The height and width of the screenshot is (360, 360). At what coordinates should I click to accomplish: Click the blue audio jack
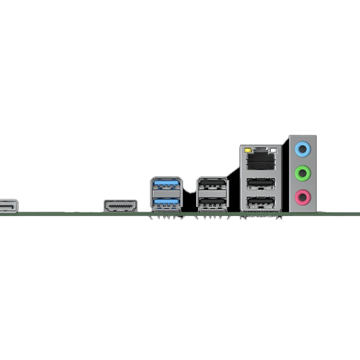pos(304,146)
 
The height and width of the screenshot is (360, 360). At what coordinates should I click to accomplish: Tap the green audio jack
pos(304,173)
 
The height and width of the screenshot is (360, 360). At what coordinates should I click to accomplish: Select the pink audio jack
pos(304,196)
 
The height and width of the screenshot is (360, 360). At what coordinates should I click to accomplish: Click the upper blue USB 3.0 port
pos(166,185)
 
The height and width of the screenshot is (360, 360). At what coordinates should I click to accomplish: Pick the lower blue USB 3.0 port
pos(166,203)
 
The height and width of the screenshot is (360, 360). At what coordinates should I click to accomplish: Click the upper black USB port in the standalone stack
pos(212,185)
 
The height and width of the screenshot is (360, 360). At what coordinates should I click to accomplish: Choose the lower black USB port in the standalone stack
pos(212,203)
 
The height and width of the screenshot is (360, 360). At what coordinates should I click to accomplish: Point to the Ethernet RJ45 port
pos(260,158)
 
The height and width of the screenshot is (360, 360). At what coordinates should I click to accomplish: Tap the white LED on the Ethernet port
pos(275,148)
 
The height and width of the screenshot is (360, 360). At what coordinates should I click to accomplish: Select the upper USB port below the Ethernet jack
pos(260,184)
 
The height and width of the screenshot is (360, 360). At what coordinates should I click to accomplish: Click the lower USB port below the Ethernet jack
pos(260,203)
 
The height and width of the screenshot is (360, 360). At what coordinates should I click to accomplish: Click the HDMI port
pos(120,206)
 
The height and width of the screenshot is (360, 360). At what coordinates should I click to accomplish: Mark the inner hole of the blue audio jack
pos(304,146)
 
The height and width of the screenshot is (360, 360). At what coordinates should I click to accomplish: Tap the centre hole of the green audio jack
pos(304,173)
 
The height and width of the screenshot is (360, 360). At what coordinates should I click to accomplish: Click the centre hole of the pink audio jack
pos(304,196)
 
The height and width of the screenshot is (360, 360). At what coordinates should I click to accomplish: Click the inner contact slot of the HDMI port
pos(120,207)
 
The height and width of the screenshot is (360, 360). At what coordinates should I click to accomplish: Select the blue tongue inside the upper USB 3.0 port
pos(166,182)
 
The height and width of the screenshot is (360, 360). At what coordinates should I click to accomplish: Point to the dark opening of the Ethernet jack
pos(260,160)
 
